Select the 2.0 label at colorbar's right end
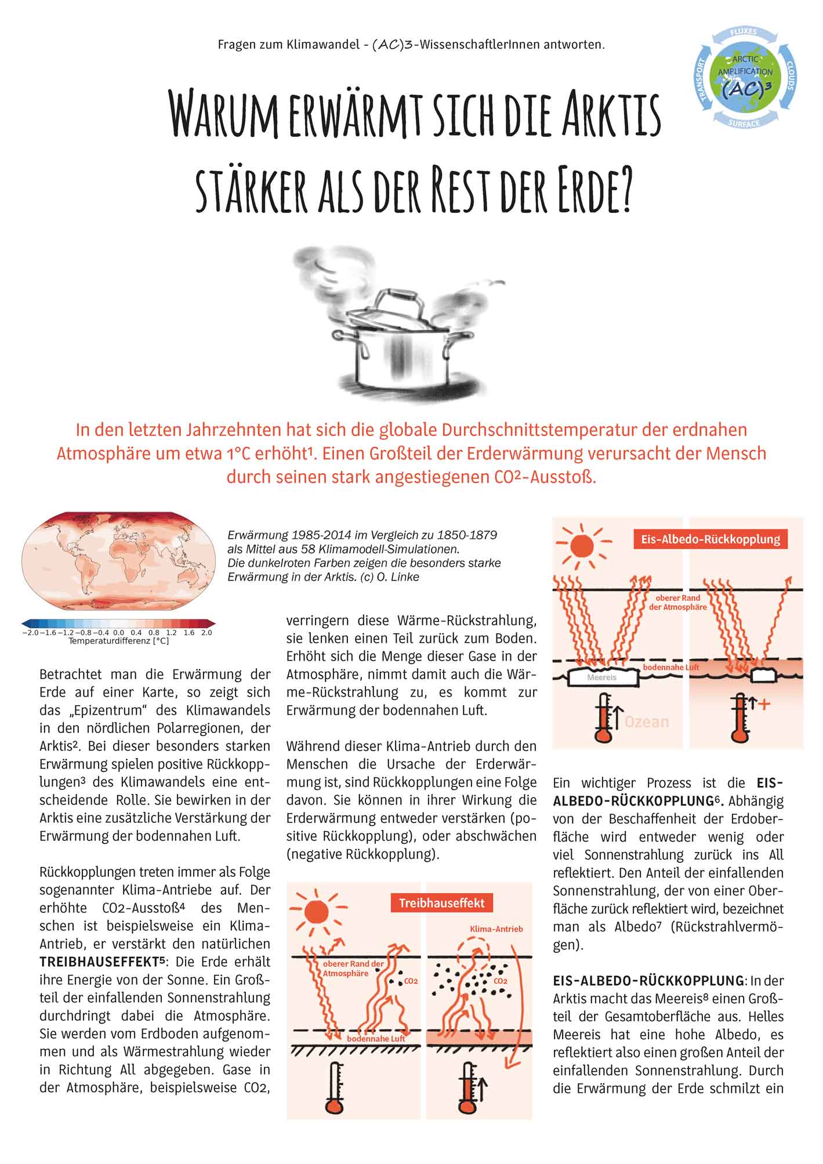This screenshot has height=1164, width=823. pyautogui.click(x=206, y=633)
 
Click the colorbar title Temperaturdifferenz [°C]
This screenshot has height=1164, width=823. pyautogui.click(x=118, y=641)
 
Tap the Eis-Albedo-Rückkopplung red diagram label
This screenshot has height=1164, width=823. pyautogui.click(x=710, y=539)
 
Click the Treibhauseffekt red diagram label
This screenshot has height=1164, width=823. pyautogui.click(x=441, y=903)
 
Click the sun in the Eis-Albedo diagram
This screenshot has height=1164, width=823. pyautogui.click(x=582, y=546)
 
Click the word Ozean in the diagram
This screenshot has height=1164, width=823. pyautogui.click(x=647, y=721)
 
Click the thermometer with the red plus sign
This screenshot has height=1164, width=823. pyautogui.click(x=739, y=717)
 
